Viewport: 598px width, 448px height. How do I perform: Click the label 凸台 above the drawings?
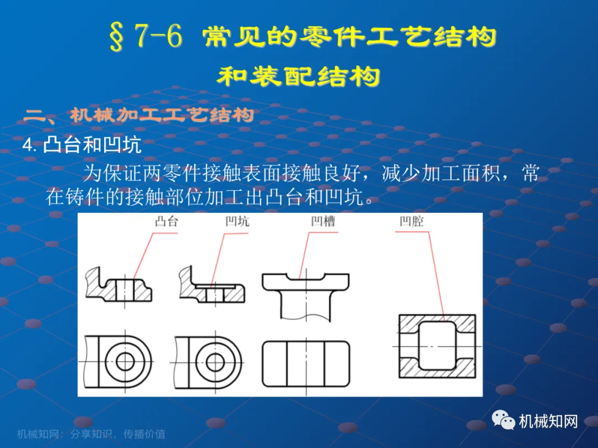[167, 221]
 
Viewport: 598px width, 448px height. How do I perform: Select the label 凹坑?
[237, 221]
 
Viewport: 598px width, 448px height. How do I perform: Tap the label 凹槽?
[323, 221]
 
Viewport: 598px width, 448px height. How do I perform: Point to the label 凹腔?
[411, 221]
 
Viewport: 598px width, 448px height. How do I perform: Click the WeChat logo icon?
[503, 420]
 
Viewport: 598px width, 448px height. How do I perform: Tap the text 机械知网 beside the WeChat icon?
[548, 421]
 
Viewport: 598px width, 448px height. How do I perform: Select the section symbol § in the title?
[117, 37]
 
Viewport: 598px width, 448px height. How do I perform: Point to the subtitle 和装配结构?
[298, 76]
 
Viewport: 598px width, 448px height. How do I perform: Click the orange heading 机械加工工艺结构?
[162, 114]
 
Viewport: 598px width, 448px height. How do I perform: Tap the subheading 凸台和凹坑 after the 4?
[92, 145]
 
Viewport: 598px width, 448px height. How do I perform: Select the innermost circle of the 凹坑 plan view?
[215, 362]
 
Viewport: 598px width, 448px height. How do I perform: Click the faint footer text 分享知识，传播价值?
[118, 434]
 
